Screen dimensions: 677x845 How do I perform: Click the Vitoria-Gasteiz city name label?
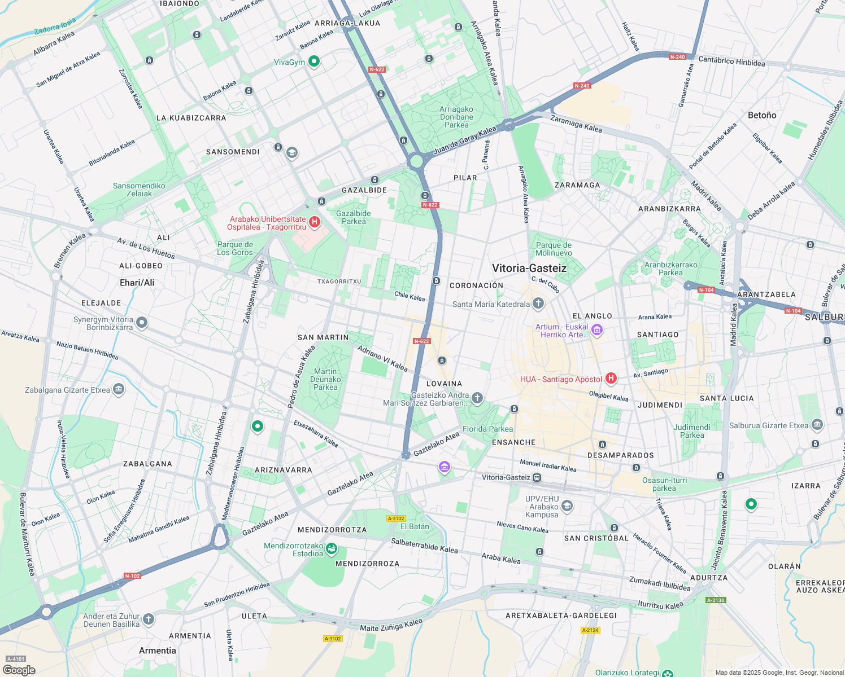[529, 269]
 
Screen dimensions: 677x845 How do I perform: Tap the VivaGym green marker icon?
[314, 61]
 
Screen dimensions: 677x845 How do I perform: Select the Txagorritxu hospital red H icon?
[315, 222]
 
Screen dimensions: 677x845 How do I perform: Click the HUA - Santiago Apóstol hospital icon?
[611, 378]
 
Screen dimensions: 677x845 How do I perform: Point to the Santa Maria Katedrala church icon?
[538, 304]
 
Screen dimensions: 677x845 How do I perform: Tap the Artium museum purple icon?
[597, 330]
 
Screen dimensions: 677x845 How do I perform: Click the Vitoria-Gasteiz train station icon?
[537, 477]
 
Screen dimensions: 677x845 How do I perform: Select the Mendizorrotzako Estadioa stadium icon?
[332, 548]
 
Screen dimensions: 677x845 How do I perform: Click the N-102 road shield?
[132, 576]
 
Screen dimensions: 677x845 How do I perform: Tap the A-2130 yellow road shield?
[716, 600]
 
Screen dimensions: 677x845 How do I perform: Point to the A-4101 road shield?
[16, 658]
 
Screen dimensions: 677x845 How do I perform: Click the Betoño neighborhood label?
[762, 115]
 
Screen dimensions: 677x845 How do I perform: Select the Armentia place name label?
[158, 650]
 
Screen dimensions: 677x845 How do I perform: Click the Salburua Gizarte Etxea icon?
[817, 425]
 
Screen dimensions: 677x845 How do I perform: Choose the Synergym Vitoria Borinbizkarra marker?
[142, 323]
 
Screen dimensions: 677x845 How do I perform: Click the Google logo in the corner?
[19, 670]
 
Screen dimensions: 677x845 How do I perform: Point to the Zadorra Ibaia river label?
[55, 27]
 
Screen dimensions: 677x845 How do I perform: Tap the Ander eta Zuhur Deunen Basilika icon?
[148, 619]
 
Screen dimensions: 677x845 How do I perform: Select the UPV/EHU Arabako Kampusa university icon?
[567, 505]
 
